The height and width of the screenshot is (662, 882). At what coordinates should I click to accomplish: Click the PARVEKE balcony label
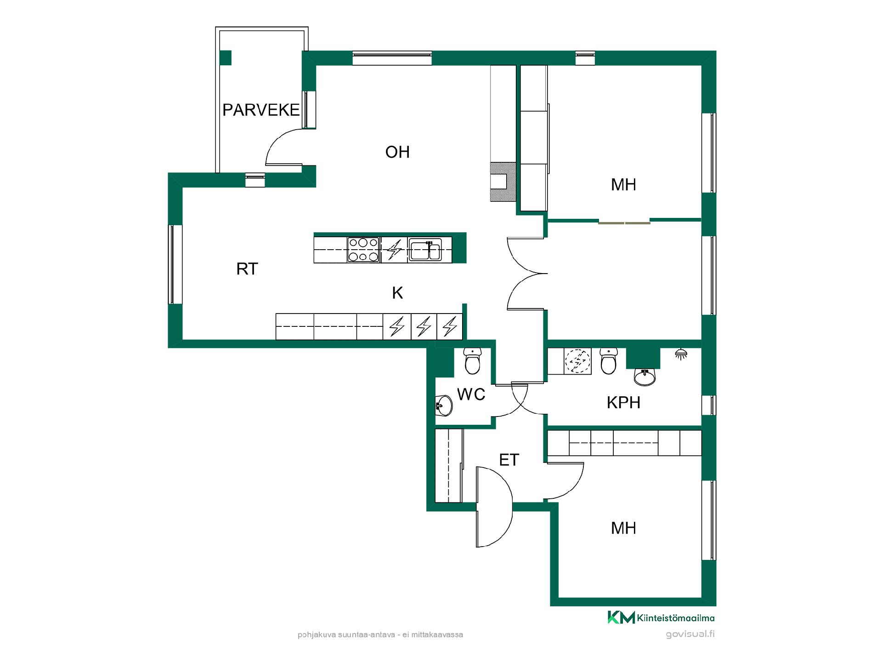[x=261, y=110]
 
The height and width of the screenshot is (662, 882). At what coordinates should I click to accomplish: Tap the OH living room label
[x=397, y=152]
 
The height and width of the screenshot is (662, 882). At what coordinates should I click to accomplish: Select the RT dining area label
[x=247, y=269]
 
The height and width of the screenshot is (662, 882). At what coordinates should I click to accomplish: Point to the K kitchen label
[x=397, y=293]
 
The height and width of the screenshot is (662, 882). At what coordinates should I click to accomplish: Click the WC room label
[x=471, y=394]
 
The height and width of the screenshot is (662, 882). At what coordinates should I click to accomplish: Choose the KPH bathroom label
[x=623, y=403]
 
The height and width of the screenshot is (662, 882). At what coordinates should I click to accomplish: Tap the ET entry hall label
[x=509, y=460]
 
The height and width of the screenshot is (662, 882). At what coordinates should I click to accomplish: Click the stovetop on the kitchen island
[x=363, y=250]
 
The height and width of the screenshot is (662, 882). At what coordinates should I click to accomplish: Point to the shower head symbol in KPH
[x=681, y=354]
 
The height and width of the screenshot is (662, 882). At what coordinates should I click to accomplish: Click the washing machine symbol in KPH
[x=577, y=361]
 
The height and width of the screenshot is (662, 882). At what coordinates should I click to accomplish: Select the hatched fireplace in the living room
[x=503, y=182]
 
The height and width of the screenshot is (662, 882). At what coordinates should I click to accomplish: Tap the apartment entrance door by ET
[x=494, y=507]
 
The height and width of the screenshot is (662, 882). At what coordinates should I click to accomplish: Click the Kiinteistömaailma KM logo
[x=661, y=617]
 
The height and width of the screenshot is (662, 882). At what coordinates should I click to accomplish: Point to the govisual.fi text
[x=690, y=634]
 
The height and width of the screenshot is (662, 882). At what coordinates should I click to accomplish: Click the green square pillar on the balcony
[x=225, y=57]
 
